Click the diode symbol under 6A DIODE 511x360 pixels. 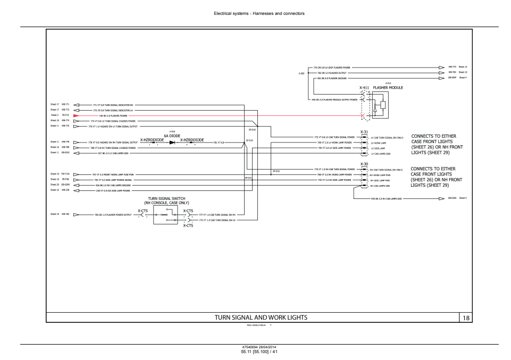pos(172,143)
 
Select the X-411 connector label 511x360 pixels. pos(364,88)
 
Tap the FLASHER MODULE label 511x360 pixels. pos(388,88)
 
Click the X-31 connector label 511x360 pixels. pos(364,132)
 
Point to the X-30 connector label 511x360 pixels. pos(364,164)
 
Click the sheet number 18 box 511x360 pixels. pos(466,318)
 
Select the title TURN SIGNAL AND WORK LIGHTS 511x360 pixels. pos(261,318)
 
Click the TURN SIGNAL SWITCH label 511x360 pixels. pos(166,198)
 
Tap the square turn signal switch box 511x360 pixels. pos(165,215)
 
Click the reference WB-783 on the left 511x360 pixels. pos(65,214)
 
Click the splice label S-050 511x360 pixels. pos(301,73)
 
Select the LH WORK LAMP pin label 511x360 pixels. pos(379,143)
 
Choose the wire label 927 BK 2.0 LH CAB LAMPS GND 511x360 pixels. pos(113,153)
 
